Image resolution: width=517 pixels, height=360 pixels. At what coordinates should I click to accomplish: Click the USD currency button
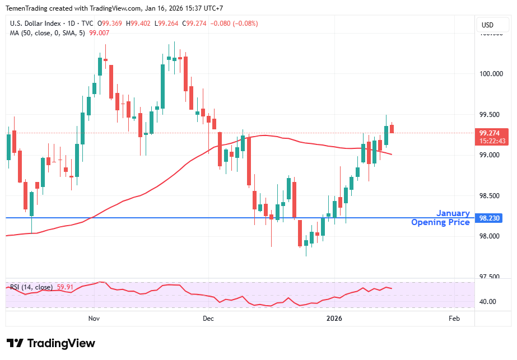click(487, 25)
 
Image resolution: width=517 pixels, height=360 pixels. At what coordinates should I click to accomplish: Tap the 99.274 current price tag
click(489, 133)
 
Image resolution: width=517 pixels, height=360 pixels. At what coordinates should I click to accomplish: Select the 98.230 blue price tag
click(489, 218)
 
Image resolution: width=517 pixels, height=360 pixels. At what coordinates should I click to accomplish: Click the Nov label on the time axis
click(94, 319)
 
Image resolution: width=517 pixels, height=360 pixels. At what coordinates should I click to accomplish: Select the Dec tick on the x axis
click(208, 319)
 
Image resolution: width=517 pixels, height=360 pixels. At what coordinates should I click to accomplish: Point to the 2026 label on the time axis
click(334, 319)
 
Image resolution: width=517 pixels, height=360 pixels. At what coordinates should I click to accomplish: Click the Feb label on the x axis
click(454, 319)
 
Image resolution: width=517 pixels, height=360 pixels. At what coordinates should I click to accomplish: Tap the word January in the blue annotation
click(453, 213)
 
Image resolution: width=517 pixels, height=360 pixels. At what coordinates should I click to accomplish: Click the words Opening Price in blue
click(440, 222)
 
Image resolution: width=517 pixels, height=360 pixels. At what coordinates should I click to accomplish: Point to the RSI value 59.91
click(66, 287)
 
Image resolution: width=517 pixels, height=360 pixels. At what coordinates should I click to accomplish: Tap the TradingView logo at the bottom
click(51, 343)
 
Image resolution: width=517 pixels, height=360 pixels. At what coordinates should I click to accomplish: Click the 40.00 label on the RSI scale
click(488, 302)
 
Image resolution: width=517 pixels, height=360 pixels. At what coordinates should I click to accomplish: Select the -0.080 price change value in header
click(216, 24)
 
